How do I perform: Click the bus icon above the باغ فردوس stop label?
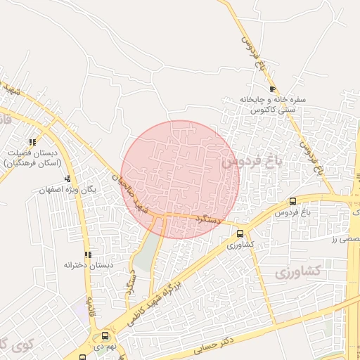coord(292,201)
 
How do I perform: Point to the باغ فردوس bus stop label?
coord(292,212)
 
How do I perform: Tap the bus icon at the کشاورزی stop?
coord(240,233)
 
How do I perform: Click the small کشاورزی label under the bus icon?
coord(240,245)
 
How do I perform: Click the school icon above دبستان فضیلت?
coord(32,142)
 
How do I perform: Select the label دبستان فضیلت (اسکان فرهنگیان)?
coord(32,157)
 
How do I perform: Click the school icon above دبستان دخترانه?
coord(88,255)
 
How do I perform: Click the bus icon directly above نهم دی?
coord(105,335)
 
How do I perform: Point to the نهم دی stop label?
coord(106,347)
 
